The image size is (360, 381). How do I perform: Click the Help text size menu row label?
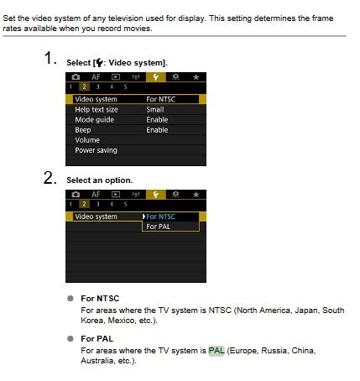click(x=97, y=109)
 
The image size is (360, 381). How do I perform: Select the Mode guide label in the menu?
click(x=94, y=120)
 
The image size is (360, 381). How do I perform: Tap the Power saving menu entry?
click(x=96, y=150)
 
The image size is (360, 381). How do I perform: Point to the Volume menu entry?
click(x=87, y=140)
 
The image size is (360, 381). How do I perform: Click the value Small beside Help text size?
click(x=155, y=109)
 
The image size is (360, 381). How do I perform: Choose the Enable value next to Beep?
click(x=157, y=130)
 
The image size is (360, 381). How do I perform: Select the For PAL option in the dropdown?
click(x=159, y=227)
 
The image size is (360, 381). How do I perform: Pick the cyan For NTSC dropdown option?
click(x=161, y=217)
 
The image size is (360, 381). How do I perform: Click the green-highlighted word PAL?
click(x=217, y=351)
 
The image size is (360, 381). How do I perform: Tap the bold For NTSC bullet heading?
click(x=100, y=299)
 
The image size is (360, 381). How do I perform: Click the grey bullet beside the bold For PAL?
click(x=70, y=339)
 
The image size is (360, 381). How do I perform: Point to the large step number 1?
click(x=50, y=58)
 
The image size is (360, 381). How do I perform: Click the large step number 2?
click(x=50, y=178)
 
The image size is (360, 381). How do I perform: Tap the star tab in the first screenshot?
click(x=196, y=77)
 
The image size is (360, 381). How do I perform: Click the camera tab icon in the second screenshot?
click(x=76, y=194)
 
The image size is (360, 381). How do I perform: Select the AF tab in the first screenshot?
click(x=96, y=77)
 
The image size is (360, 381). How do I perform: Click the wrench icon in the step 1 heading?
click(x=99, y=63)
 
